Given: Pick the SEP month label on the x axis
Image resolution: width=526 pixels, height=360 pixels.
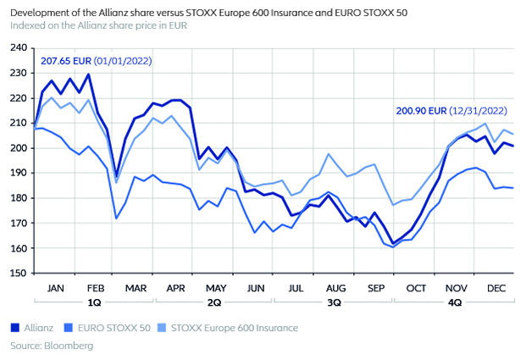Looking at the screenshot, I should point(375,289).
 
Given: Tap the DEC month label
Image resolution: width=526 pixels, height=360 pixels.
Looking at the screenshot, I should point(496,289).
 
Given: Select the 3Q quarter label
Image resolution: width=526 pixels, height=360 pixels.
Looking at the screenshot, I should point(334,302).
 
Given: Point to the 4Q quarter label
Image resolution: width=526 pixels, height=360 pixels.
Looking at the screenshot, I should point(455,302).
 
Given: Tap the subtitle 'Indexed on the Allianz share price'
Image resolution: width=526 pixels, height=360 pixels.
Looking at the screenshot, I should point(99,25).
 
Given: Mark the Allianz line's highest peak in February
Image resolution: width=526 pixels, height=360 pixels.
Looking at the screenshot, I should point(89,75).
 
